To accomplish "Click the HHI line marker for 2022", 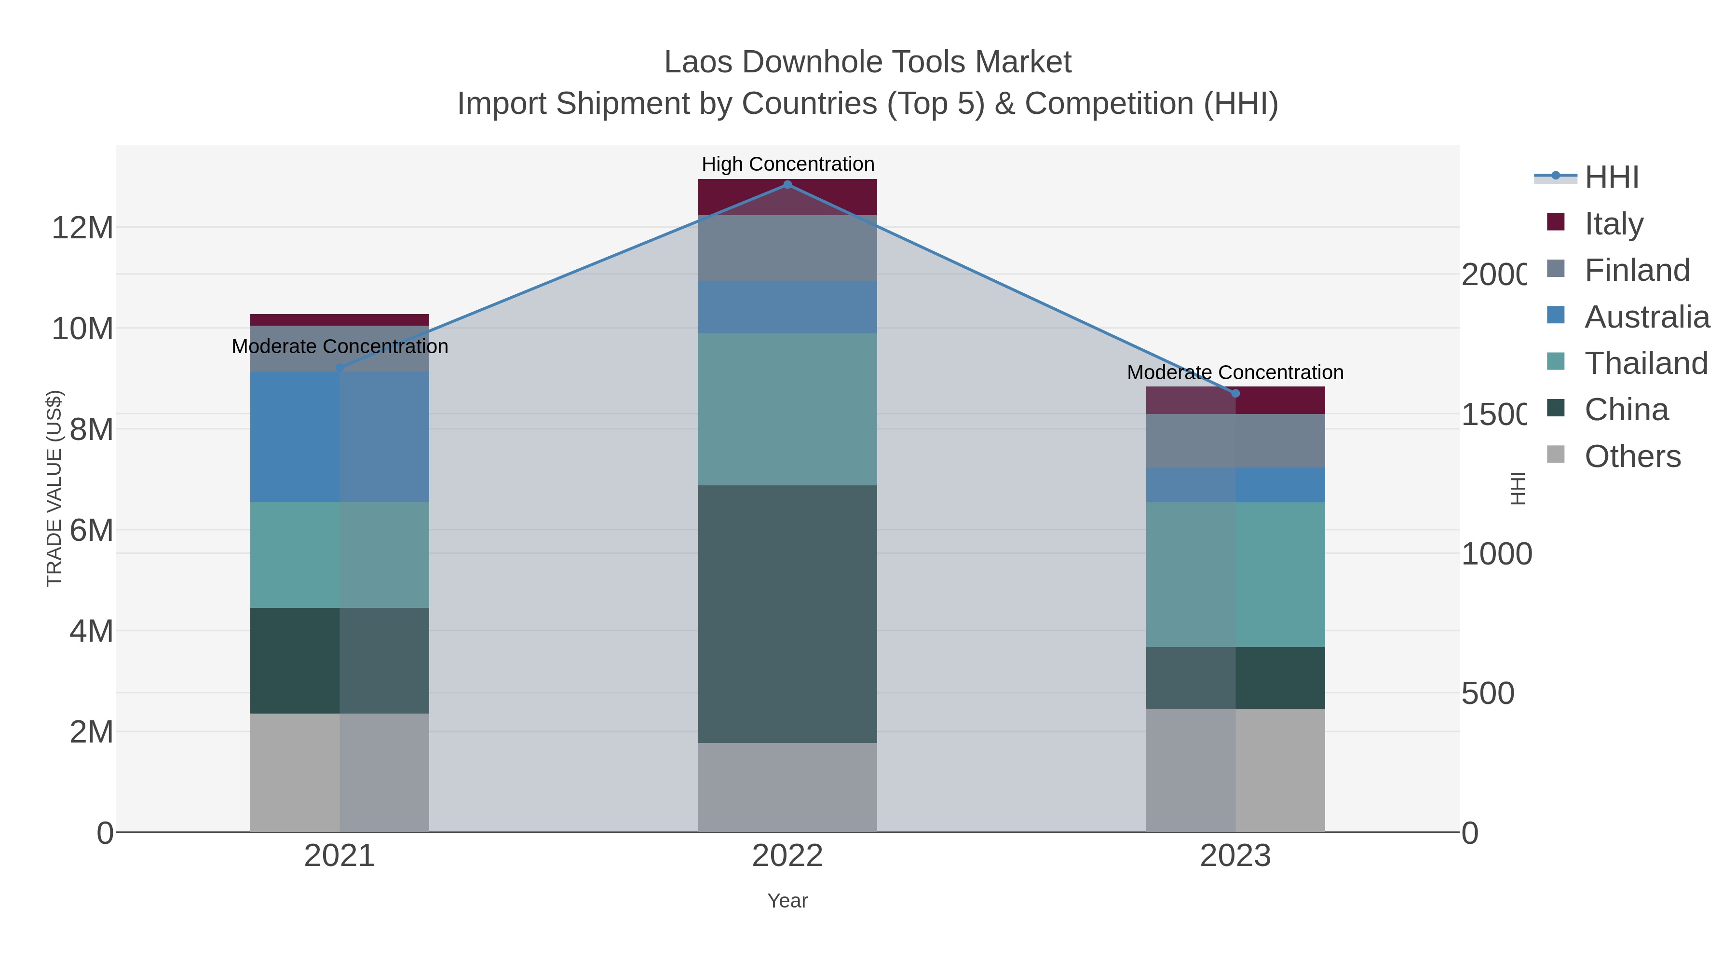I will tap(787, 185).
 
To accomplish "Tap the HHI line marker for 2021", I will tap(339, 368).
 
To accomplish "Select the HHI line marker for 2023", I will tap(1235, 394).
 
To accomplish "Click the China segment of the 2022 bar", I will tap(787, 614).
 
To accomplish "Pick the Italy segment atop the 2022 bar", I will tap(787, 197).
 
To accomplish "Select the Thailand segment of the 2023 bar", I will tap(1235, 575).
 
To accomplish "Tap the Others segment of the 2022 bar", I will tap(787, 787).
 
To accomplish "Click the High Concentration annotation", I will tap(787, 164).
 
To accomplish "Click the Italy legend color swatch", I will tap(1555, 222).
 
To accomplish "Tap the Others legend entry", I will tap(1632, 456).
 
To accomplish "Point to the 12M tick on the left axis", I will tap(82, 228).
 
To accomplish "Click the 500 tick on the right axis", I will tap(1487, 693).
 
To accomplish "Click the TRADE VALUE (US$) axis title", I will tap(54, 488).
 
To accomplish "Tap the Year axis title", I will tap(787, 901).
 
